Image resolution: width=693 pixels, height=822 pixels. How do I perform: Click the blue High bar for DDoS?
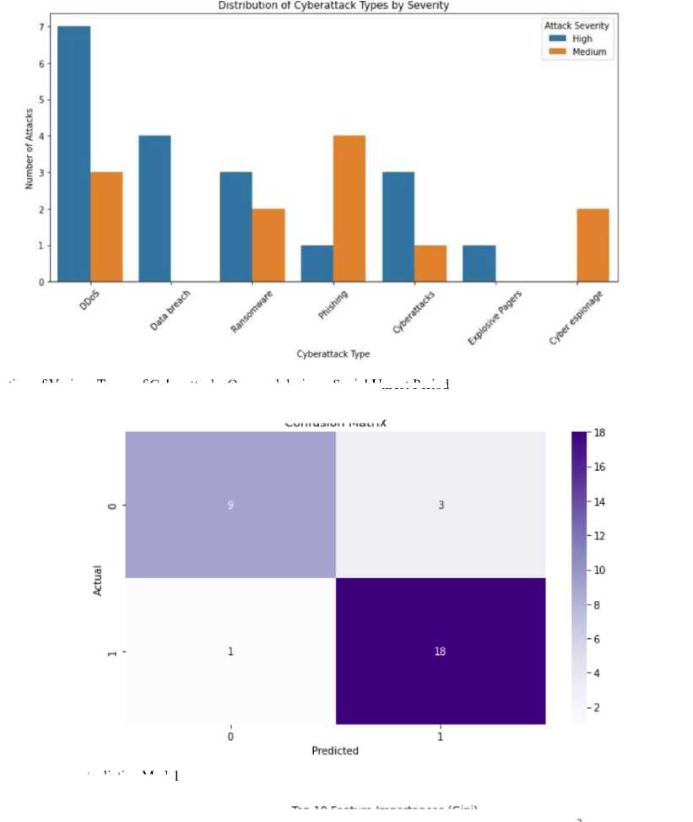(x=74, y=154)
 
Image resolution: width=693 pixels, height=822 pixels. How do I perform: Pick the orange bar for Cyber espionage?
(x=593, y=245)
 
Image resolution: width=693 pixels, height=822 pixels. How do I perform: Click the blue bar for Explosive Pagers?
(x=479, y=263)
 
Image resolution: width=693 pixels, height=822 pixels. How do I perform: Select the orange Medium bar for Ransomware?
(x=268, y=245)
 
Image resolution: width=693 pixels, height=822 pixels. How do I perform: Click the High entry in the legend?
(x=582, y=39)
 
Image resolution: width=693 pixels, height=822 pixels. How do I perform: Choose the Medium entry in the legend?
(x=587, y=51)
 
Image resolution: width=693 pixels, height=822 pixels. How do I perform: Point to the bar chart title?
(x=334, y=6)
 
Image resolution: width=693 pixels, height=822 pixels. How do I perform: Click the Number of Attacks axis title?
(x=29, y=149)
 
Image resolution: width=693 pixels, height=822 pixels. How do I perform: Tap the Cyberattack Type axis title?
(x=333, y=354)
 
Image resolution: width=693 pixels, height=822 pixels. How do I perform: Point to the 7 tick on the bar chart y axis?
(x=40, y=27)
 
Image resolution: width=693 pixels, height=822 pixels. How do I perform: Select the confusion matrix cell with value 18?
(x=440, y=652)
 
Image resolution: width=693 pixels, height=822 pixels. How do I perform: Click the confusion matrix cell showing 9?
(x=230, y=505)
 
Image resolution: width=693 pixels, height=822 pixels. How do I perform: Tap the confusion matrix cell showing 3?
(x=440, y=505)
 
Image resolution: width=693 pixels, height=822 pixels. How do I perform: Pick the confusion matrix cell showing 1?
(x=230, y=652)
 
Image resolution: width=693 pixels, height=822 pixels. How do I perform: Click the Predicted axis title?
(x=335, y=750)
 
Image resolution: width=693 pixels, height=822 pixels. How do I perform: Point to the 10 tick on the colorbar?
(x=590, y=570)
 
